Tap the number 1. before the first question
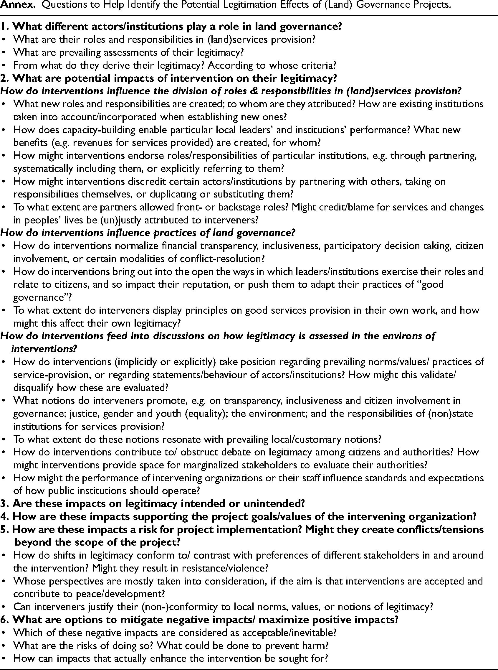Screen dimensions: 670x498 [x=5, y=27]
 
